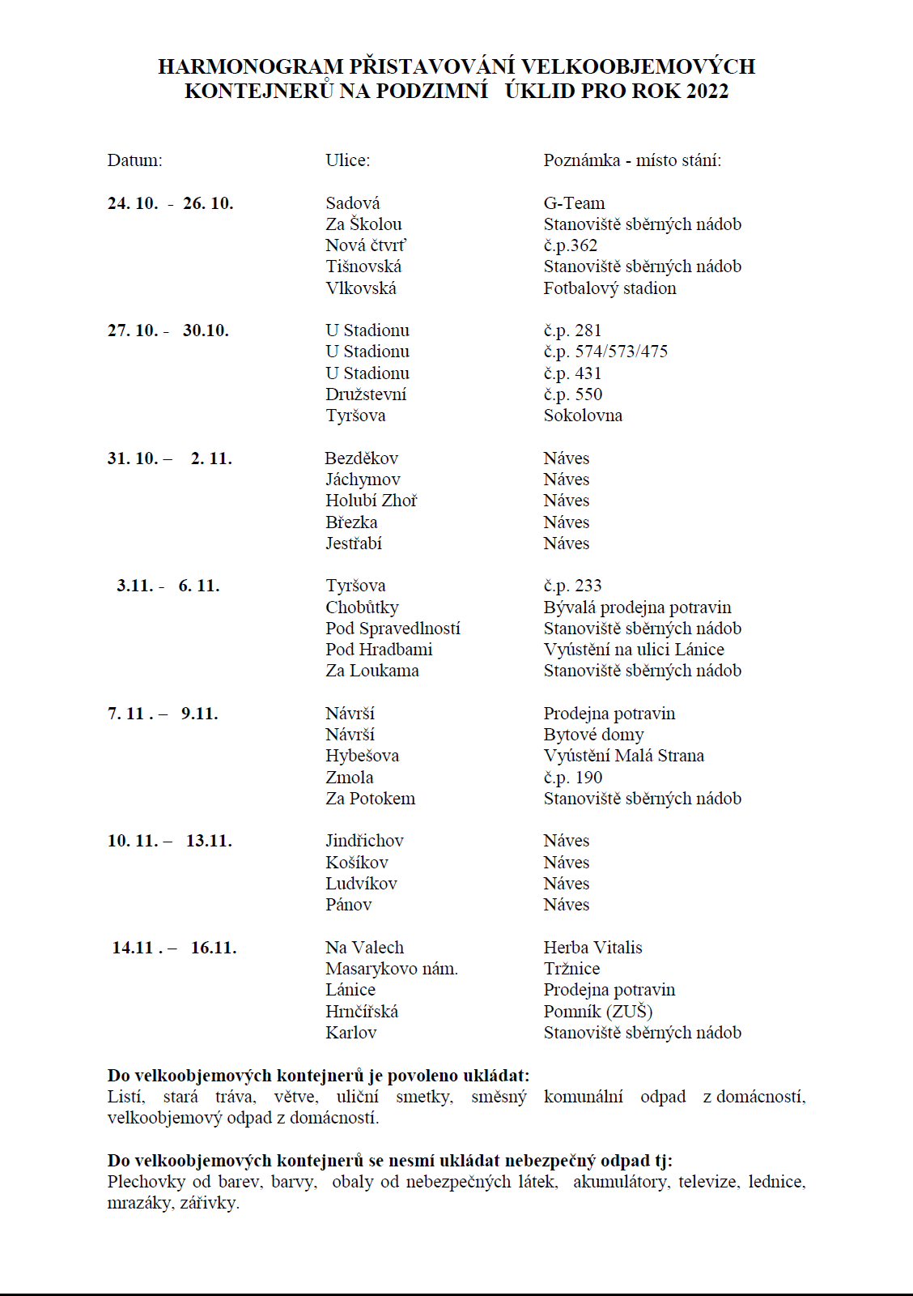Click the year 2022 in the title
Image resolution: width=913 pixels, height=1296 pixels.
point(707,91)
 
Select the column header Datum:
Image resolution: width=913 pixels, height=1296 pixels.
point(134,160)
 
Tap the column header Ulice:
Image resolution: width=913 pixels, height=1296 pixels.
point(347,160)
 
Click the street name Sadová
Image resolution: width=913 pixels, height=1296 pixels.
point(352,203)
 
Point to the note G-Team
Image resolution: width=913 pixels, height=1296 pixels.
point(574,203)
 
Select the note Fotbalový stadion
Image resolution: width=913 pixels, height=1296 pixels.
point(609,288)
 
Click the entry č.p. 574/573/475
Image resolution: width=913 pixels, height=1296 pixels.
point(605,352)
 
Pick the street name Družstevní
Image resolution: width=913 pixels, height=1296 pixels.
point(366,394)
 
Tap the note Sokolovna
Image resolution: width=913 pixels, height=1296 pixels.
point(583,416)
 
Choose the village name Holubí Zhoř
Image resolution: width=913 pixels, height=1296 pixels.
point(371,501)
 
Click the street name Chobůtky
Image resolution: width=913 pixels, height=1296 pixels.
point(362,607)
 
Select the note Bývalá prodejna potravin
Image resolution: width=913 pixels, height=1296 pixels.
point(637,607)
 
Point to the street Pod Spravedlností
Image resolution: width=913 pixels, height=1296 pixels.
point(393,629)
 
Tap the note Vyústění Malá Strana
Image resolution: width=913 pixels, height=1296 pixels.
point(623,756)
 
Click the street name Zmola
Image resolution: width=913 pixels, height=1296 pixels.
point(350,778)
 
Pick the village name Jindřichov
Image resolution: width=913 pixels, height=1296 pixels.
point(364,841)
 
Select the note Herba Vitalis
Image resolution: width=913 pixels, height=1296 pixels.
point(592,948)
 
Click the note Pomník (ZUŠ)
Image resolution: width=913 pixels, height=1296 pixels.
point(597,1012)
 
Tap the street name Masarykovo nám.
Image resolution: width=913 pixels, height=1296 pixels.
point(391,969)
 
